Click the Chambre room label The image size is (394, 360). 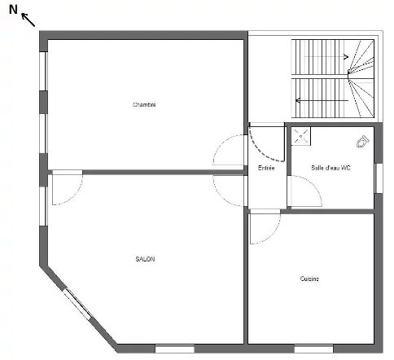[x=144, y=104]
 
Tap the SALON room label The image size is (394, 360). [x=145, y=259]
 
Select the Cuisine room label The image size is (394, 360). [x=309, y=279]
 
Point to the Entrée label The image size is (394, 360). [x=266, y=168]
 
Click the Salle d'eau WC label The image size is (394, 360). [x=331, y=168]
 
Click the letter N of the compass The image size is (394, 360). [x=13, y=10]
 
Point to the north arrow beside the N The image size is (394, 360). [x=28, y=20]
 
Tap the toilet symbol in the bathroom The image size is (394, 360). [x=363, y=142]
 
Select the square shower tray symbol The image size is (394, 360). [x=301, y=136]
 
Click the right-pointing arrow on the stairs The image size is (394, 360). [x=326, y=57]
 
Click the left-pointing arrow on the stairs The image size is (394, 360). [x=322, y=100]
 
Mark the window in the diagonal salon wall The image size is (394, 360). [x=77, y=304]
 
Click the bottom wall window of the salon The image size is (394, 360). [x=175, y=349]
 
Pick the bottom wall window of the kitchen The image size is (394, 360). [x=313, y=349]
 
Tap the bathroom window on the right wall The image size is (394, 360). [x=379, y=178]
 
